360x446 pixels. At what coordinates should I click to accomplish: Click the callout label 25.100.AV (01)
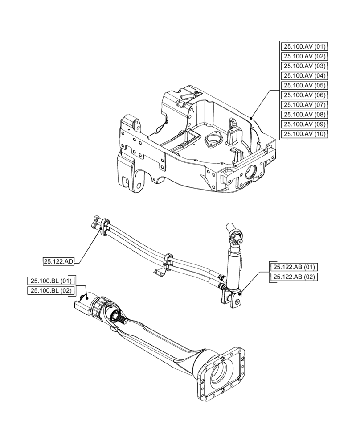click(305, 46)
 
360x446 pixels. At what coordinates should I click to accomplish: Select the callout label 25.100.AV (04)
click(305, 76)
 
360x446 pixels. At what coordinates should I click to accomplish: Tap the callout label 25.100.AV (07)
click(305, 105)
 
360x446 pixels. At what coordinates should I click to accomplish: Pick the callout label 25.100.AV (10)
click(305, 134)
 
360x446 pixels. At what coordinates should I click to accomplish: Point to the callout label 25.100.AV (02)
click(305, 56)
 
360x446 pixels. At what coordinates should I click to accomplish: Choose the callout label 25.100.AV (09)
click(305, 124)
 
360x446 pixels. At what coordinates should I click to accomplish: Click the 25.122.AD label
click(58, 262)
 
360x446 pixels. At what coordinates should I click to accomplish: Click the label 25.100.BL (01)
click(50, 281)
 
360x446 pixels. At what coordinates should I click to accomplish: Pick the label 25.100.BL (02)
click(50, 291)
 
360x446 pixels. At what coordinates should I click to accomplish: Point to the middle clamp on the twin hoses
click(168, 260)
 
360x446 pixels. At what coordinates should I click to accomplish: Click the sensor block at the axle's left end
click(85, 302)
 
